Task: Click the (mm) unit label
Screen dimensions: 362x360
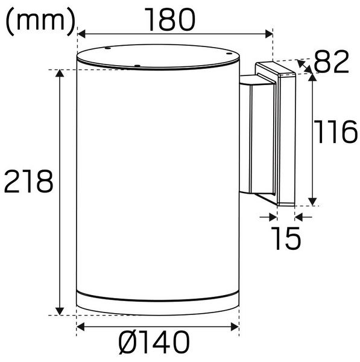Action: tap(40, 21)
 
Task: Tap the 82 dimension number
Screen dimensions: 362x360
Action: tap(332, 62)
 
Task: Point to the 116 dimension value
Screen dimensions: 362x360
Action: tap(336, 133)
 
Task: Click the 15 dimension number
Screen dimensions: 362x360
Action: tap(285, 238)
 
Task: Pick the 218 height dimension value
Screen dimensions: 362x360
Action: tap(28, 182)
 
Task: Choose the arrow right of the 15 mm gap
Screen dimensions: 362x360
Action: tap(302, 215)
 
